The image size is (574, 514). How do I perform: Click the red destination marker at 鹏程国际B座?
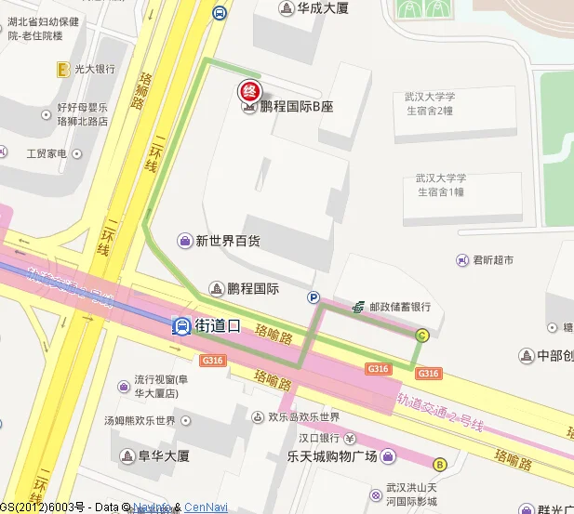tap(249, 91)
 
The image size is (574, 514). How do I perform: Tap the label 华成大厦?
tap(322, 8)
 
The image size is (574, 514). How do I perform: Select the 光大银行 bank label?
tap(94, 69)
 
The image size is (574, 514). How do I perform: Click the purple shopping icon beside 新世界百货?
tap(185, 241)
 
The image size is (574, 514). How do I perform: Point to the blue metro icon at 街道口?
tap(181, 326)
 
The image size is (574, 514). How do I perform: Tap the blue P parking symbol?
tap(314, 297)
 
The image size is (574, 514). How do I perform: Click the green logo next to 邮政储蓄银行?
tap(358, 306)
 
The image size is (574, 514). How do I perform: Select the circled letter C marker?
tap(421, 336)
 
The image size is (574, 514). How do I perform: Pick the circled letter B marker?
tap(439, 463)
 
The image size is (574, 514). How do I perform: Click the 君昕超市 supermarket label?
tap(492, 260)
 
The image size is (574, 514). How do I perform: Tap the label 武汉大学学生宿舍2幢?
tap(428, 103)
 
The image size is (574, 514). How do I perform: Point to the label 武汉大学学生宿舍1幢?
tap(440, 184)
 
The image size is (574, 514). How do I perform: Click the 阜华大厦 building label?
tap(163, 455)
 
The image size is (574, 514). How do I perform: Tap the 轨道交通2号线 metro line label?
tap(441, 413)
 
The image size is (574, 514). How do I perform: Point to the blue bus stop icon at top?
tap(219, 12)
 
